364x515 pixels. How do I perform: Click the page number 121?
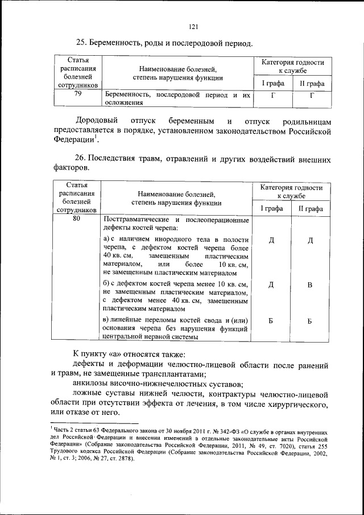point(193,25)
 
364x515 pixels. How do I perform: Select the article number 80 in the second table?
point(76,219)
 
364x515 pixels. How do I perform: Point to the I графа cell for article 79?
point(272,95)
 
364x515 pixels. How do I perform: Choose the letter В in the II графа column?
point(311,285)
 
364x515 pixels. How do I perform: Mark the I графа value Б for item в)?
point(271,322)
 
